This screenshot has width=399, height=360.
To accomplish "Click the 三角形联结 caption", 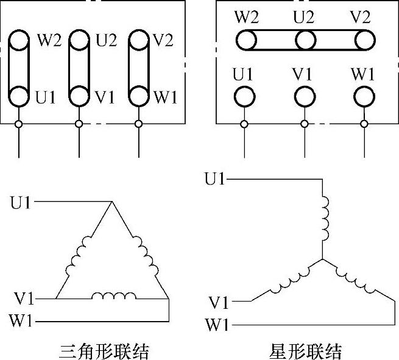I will coord(104,351).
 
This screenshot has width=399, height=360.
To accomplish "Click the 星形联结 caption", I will coord(305,351).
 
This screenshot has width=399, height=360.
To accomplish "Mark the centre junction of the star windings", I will coord(322,259).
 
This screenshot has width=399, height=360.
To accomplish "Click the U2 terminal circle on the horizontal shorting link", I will coord(305,41).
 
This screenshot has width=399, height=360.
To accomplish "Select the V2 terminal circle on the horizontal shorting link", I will coord(364,41).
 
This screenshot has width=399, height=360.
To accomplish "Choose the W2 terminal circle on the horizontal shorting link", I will coord(245,41).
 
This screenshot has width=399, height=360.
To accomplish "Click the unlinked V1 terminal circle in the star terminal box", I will coord(305,96).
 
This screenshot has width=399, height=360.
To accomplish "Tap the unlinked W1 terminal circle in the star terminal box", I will coord(364,96).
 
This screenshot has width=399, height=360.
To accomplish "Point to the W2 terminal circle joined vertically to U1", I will coord(19,41).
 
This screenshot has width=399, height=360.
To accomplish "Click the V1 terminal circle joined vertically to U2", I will coord(79,96).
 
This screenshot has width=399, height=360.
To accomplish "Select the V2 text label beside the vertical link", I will coord(163,41).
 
